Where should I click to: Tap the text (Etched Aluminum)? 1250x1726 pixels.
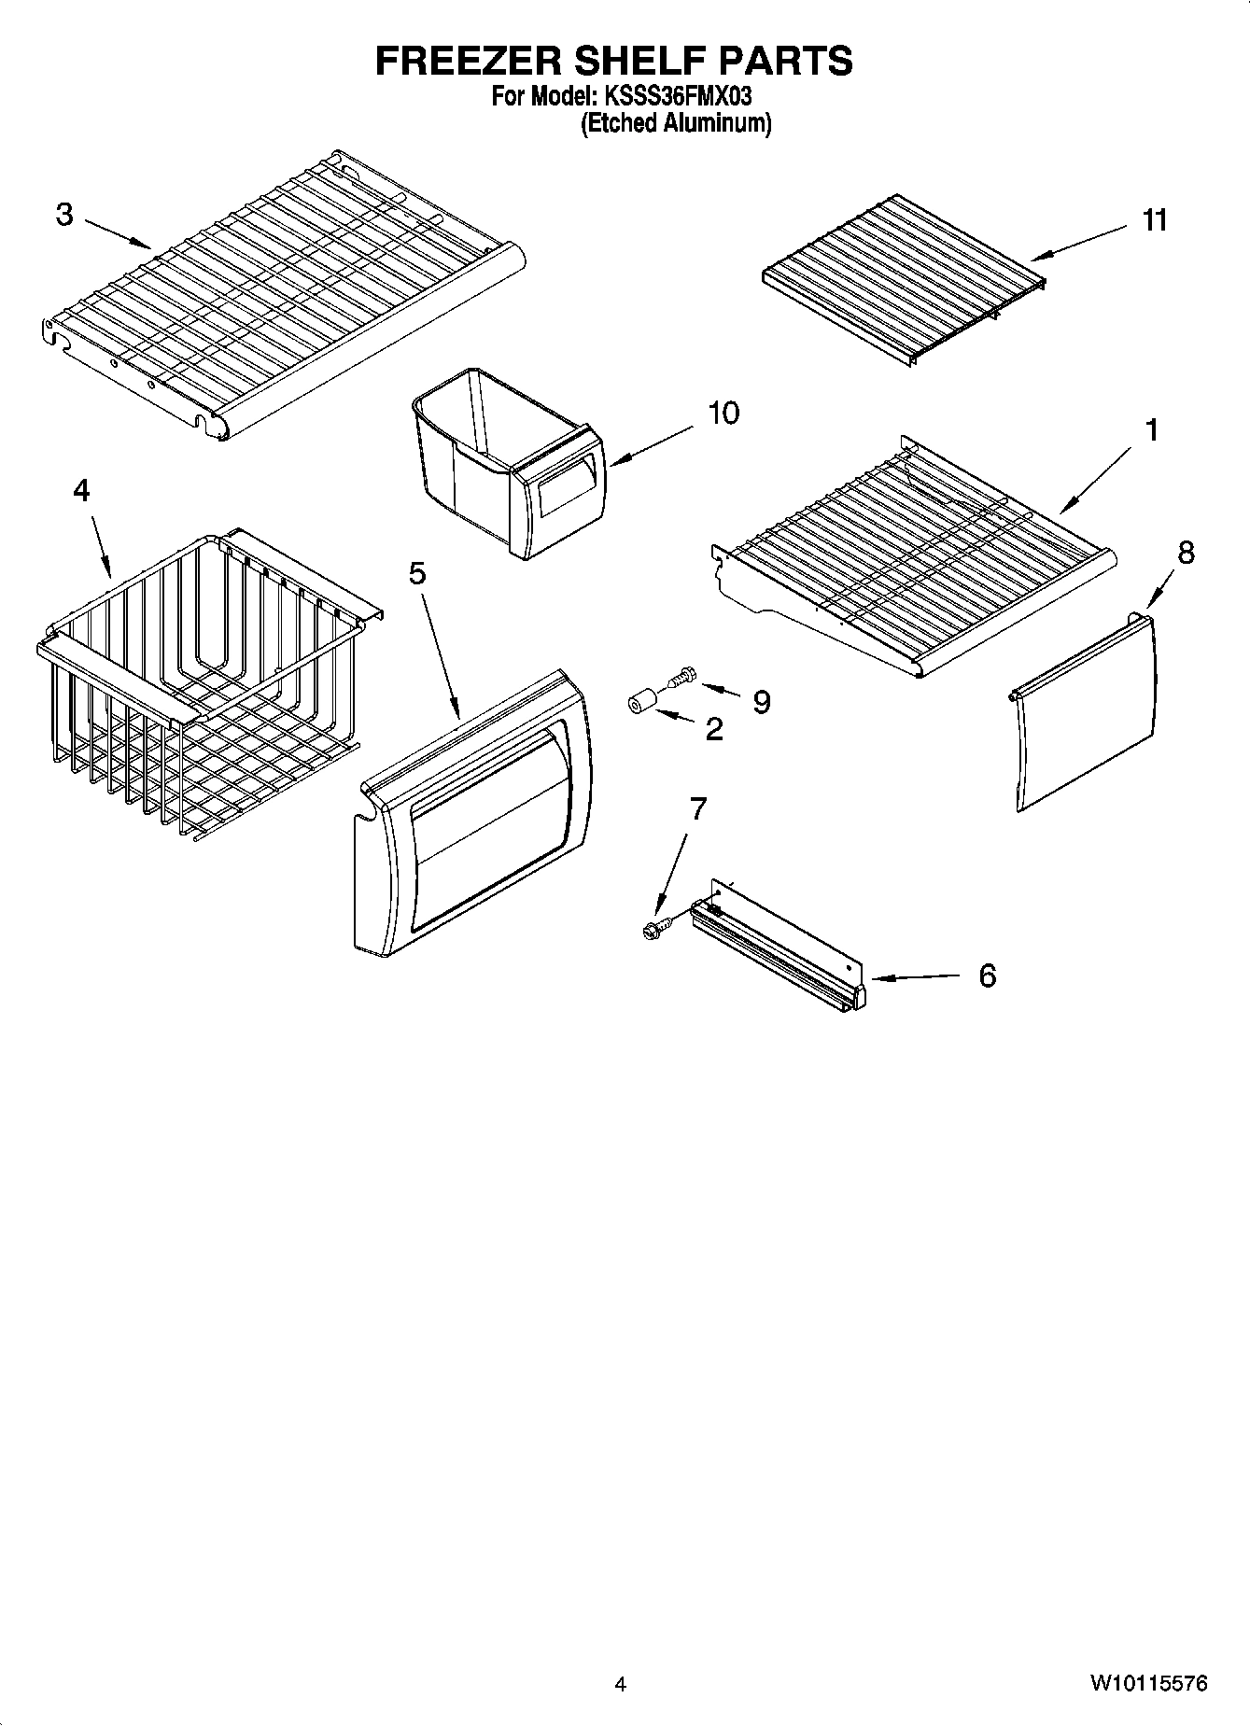click(676, 123)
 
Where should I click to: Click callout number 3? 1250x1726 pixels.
click(63, 215)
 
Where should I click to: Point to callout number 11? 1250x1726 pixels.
click(1154, 220)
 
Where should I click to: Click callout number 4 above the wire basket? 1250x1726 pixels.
click(81, 490)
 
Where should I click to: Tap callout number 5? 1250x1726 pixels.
click(416, 573)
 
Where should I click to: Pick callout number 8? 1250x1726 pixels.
click(1185, 553)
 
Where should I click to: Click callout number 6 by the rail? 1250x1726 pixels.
click(987, 976)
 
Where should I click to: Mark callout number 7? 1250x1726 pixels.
click(697, 809)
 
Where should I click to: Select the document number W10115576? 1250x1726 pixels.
click(1147, 1684)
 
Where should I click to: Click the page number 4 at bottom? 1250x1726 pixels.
click(621, 1685)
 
